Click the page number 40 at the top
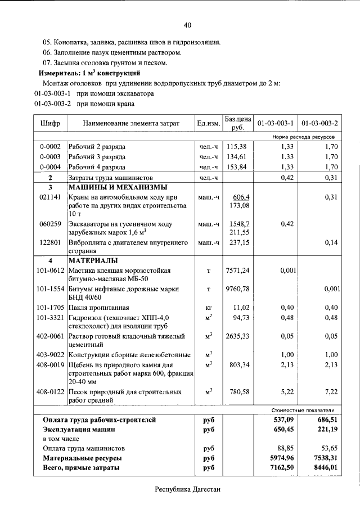point(187,25)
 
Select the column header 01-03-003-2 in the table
point(319,123)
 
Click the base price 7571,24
point(237,271)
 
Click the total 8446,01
point(326,467)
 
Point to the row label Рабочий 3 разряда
point(97,156)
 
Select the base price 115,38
point(237,146)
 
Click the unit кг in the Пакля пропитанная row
point(208,308)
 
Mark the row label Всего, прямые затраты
point(81,467)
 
